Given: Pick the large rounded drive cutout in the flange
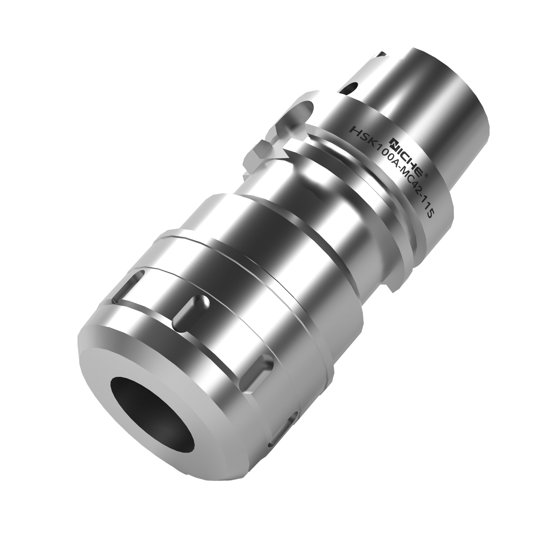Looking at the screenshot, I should tap(297, 114).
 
